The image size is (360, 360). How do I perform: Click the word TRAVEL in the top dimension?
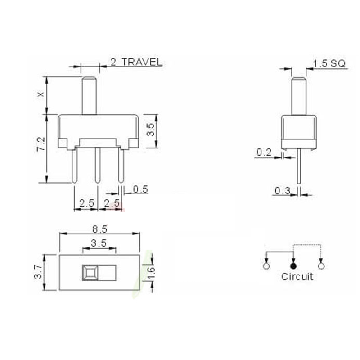click(142, 63)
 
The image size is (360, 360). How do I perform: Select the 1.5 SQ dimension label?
click(329, 63)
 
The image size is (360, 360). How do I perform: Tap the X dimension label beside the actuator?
click(41, 95)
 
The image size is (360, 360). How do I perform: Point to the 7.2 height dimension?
click(41, 145)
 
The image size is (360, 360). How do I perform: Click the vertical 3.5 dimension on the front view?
click(151, 130)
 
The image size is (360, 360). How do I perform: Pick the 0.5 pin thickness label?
click(140, 189)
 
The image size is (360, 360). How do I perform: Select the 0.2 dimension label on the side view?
click(264, 153)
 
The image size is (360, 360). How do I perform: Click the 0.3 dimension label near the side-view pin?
click(282, 191)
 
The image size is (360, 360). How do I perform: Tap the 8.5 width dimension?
click(99, 229)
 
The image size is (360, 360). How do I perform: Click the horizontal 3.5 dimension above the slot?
click(99, 243)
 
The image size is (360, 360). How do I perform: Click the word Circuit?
click(297, 277)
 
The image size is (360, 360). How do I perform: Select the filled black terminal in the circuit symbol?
click(293, 266)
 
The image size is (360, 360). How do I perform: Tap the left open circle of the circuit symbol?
click(266, 266)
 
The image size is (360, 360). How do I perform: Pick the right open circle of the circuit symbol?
click(321, 266)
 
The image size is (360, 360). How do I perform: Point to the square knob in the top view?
click(89, 272)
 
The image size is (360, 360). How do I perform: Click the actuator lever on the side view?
click(298, 96)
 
